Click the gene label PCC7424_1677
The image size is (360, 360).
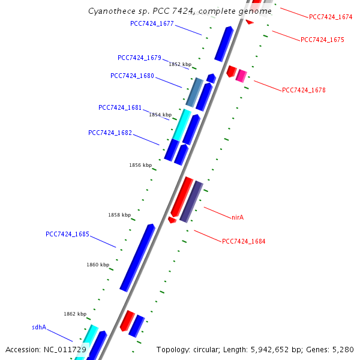[x=152, y=23]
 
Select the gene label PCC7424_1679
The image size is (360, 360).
[x=139, y=58]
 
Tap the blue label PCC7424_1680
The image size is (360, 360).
[x=132, y=76]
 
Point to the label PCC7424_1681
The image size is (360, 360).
[x=120, y=107]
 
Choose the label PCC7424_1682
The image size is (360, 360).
[x=110, y=133]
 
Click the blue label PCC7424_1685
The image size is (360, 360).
[x=67, y=234]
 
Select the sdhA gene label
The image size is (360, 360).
[x=39, y=328]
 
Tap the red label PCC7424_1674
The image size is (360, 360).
[x=331, y=17]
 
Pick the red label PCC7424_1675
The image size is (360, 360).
[x=322, y=40]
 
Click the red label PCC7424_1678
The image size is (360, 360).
[x=304, y=90]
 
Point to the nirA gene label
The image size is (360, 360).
[x=238, y=217]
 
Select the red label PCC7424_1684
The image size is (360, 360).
[x=244, y=241]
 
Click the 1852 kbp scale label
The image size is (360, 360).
[x=180, y=64]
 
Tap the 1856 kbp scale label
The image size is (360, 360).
[x=140, y=165]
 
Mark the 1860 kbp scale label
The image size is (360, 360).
[x=98, y=265]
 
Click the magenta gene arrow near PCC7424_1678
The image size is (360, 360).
[x=241, y=76]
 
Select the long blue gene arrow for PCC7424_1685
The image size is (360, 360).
[x=137, y=258]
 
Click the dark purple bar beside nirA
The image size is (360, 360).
[x=191, y=201]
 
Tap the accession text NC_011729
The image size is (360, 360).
[x=46, y=349]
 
